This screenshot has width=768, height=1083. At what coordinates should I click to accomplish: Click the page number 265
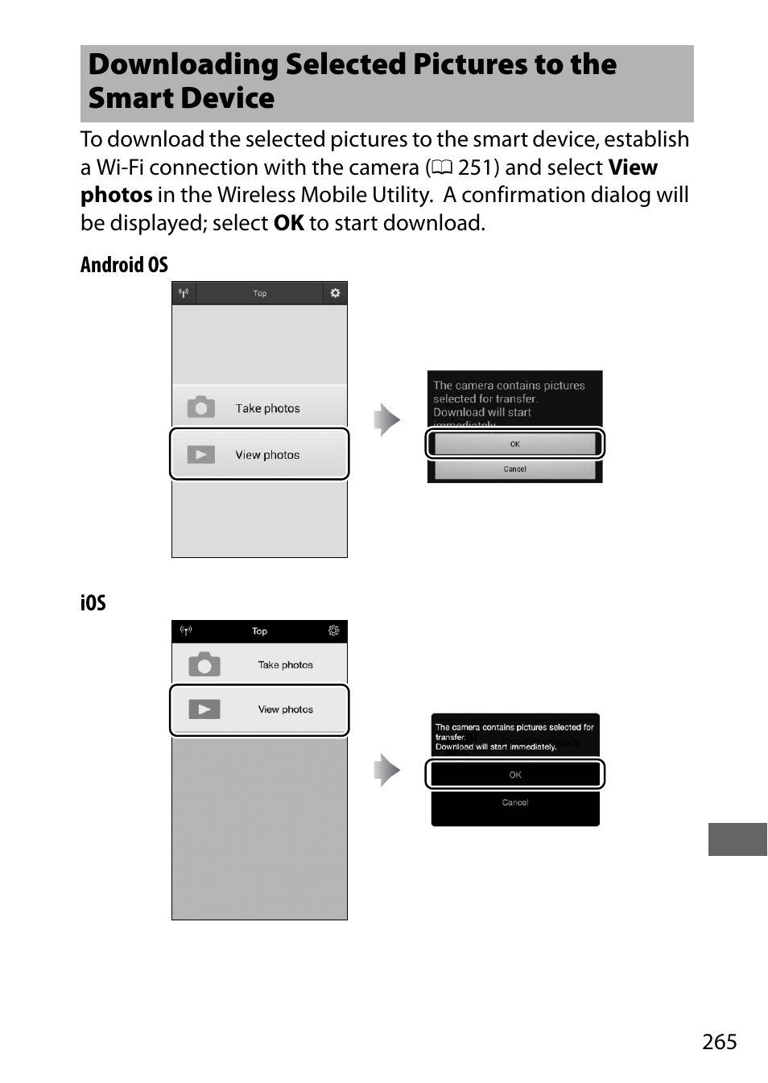719,1041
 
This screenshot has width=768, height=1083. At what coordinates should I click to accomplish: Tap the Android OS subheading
124,265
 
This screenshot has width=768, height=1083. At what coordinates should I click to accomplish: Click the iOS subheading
93,602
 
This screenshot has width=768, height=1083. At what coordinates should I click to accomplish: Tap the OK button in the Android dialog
514,444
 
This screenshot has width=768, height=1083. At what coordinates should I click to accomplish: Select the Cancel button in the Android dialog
514,469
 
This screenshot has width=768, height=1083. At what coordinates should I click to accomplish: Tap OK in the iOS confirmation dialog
515,775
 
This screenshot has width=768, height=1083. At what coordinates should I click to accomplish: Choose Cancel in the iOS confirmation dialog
515,803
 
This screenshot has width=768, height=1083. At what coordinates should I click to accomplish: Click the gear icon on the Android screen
335,293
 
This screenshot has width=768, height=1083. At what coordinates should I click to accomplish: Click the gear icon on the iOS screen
333,630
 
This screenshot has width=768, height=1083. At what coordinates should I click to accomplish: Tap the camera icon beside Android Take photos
201,407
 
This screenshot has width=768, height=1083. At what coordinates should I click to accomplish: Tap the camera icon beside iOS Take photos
204,664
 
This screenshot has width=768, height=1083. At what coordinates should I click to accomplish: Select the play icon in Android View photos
201,455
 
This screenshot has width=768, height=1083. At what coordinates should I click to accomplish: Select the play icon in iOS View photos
204,709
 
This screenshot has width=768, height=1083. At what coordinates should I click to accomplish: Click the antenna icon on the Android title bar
184,293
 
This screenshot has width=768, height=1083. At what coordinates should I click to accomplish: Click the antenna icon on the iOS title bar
186,630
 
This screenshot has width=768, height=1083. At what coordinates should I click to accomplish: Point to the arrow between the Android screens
387,420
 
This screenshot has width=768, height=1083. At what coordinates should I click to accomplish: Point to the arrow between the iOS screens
387,770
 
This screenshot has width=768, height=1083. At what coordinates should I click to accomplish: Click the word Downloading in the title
183,64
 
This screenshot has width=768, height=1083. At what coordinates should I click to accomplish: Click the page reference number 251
478,167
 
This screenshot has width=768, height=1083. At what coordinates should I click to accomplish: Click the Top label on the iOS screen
259,631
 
